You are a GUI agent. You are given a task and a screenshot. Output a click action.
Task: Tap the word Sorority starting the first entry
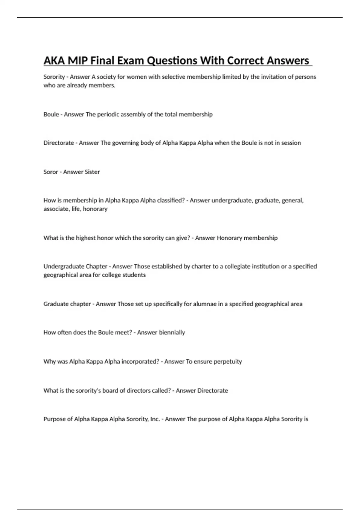[54, 77]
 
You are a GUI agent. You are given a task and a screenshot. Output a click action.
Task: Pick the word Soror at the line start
[51, 172]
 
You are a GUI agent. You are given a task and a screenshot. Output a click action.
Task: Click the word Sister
[92, 172]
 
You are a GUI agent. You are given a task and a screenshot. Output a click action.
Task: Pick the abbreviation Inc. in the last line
[155, 419]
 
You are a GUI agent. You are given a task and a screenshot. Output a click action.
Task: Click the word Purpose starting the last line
[54, 419]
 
